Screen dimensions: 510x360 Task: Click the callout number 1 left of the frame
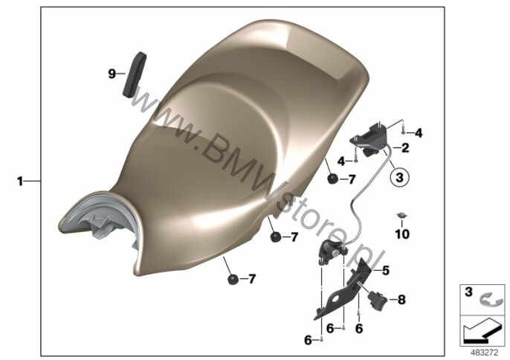[20, 181]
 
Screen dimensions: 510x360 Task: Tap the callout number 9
[112, 74]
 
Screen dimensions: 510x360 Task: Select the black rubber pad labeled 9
[135, 74]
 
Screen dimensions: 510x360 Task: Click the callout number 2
[405, 148]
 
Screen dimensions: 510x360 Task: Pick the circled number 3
[400, 177]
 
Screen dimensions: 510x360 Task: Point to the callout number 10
[402, 234]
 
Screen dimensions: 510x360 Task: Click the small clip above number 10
[402, 215]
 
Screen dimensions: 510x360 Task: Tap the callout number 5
[386, 271]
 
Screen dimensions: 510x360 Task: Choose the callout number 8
[401, 300]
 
